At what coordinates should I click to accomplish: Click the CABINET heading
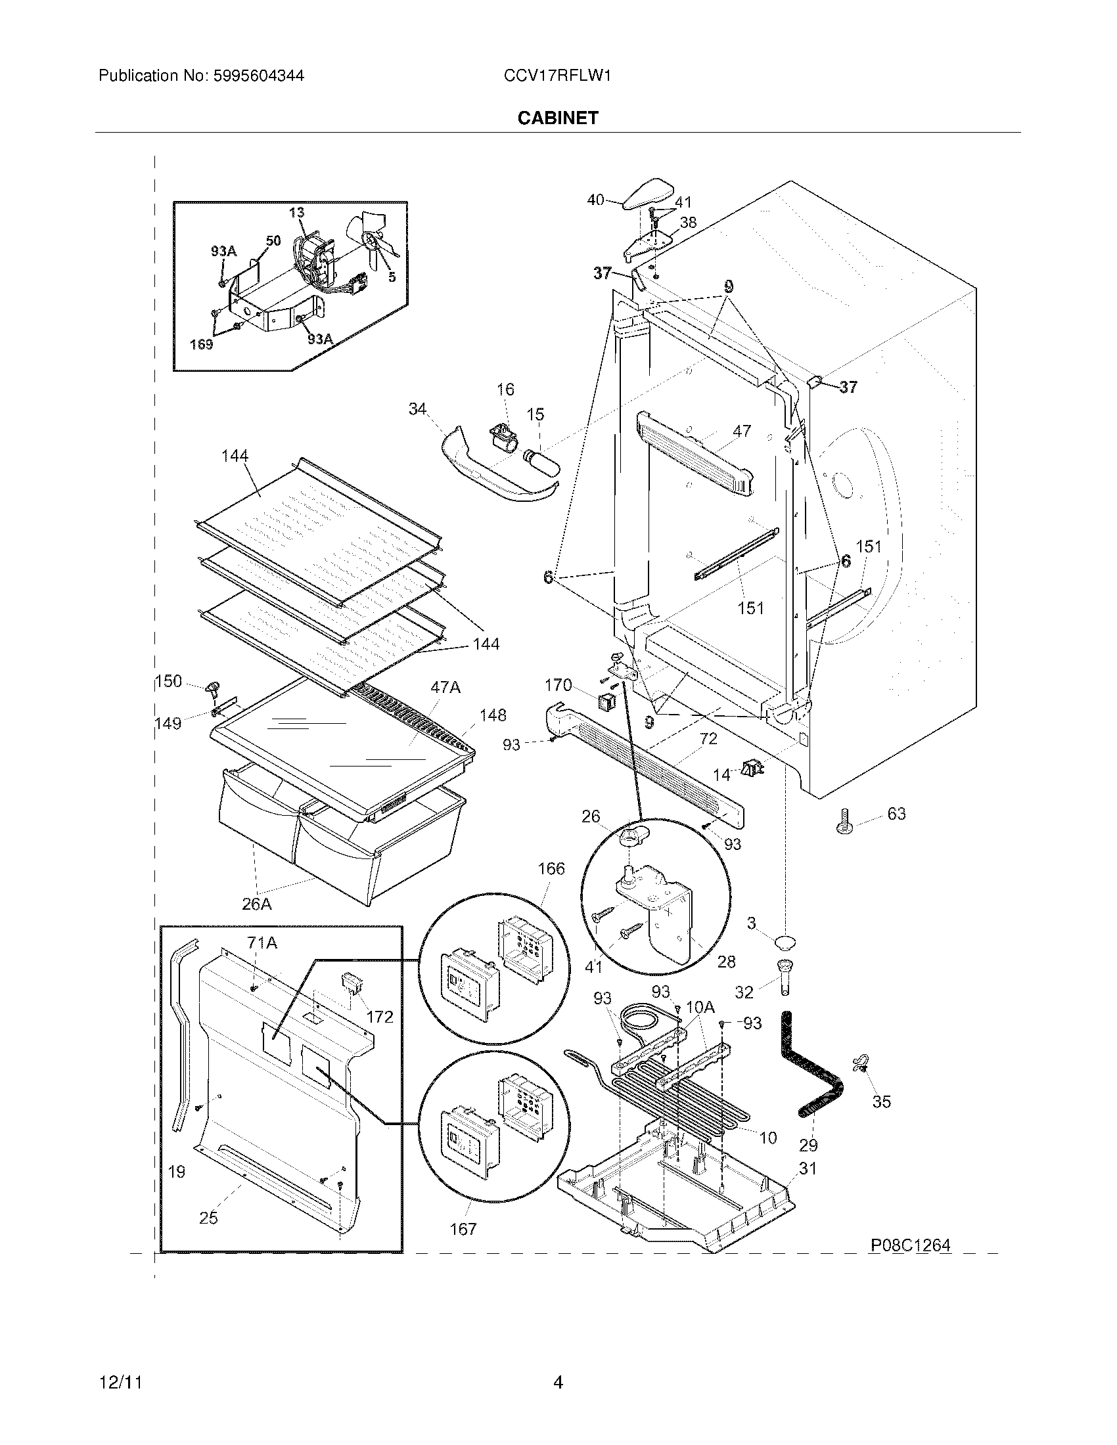(558, 118)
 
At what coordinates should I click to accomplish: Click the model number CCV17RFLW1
(557, 76)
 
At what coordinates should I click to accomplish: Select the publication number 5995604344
(258, 76)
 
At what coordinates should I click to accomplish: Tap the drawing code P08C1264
(911, 1245)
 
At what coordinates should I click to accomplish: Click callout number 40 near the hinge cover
(595, 199)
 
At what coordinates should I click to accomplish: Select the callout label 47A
(445, 688)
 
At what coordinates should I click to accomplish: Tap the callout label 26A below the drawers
(257, 904)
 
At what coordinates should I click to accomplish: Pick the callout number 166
(551, 869)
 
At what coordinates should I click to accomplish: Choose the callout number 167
(463, 1229)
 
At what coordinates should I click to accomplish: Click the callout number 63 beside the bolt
(896, 813)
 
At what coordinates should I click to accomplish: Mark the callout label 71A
(262, 943)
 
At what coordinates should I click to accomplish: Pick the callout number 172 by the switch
(379, 1016)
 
